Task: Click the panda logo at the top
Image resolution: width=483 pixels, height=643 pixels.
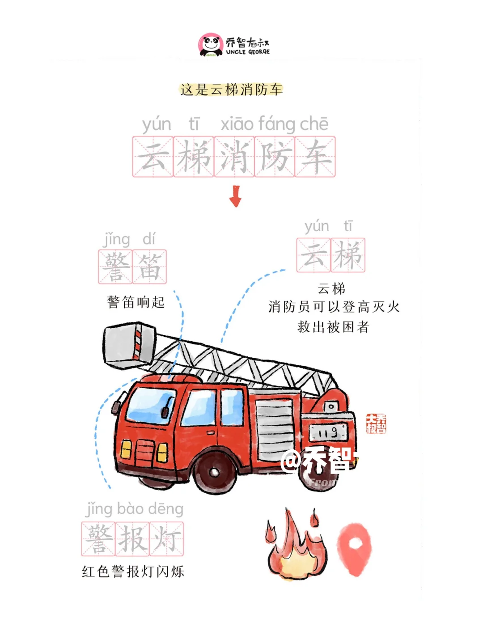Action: tap(210, 45)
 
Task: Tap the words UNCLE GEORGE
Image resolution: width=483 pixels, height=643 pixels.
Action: tap(248, 52)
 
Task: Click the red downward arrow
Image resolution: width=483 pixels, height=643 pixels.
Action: tap(235, 196)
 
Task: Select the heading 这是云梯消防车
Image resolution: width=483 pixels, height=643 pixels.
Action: tap(231, 89)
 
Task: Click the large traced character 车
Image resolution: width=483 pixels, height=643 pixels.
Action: tap(315, 157)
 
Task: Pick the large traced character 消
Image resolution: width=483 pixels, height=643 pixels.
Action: tap(234, 157)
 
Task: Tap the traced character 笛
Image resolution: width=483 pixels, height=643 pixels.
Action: tap(149, 267)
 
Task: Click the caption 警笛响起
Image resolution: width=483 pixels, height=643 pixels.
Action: tap(136, 302)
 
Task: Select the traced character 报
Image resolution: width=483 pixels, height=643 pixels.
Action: tap(132, 539)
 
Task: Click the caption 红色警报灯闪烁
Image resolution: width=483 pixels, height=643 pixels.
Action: tap(133, 571)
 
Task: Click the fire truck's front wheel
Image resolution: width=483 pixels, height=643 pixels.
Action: tap(215, 472)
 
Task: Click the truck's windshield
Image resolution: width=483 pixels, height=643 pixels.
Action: tap(151, 405)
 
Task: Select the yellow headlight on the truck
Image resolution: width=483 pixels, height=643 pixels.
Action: tap(127, 449)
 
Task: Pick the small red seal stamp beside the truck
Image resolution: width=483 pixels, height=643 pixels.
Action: tap(376, 423)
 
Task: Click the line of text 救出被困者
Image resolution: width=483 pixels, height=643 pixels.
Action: tap(333, 327)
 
